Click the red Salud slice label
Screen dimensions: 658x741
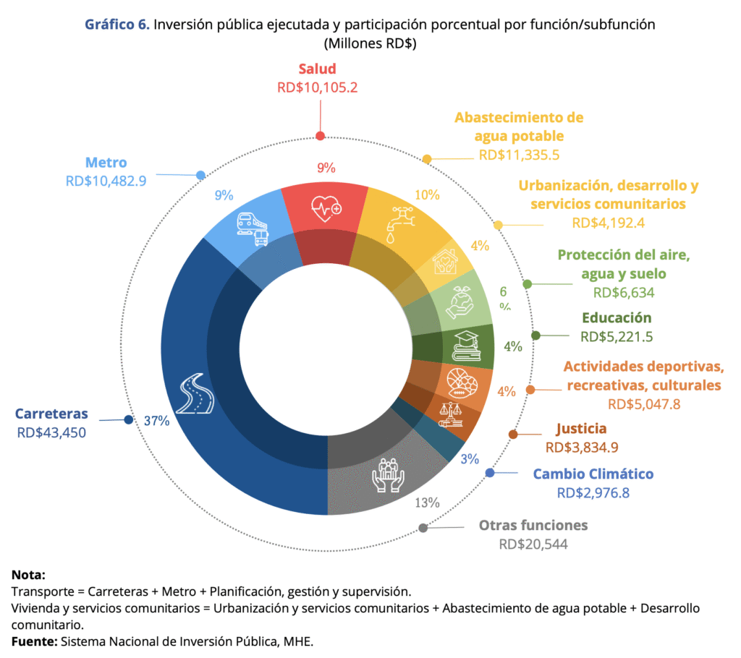317,69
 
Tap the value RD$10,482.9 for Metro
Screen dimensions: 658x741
106,181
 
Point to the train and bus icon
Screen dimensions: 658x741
253,228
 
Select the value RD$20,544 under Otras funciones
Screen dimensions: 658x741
533,544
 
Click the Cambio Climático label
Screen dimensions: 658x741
593,474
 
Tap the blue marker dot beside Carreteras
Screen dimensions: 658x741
129,420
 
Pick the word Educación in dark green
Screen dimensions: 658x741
617,318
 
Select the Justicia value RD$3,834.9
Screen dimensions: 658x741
582,448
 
